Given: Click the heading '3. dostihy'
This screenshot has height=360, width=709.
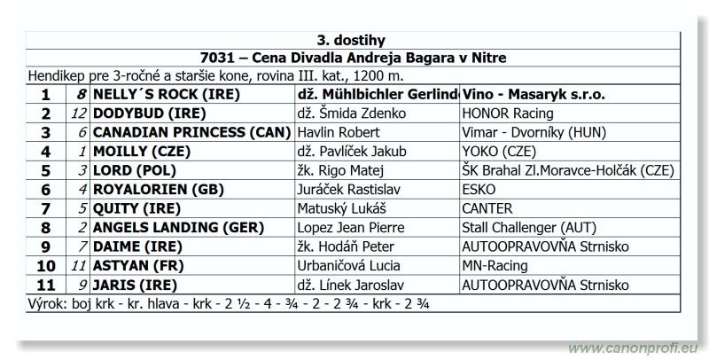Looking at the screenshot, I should pos(351,40).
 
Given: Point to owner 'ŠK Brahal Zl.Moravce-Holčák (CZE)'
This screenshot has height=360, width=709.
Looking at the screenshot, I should pos(568,170).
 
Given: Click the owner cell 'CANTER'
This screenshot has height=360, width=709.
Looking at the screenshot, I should pos(487,208).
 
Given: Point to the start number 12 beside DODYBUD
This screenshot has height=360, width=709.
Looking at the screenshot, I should pos(79,113).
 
